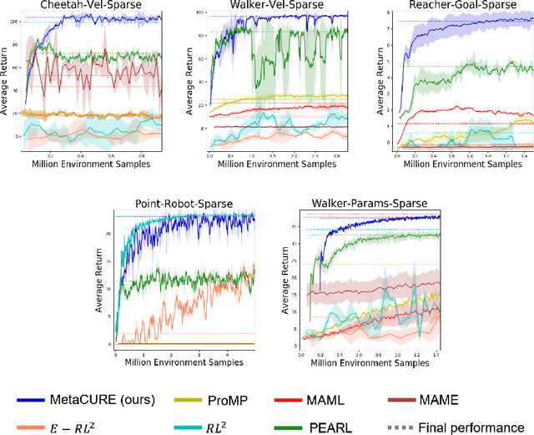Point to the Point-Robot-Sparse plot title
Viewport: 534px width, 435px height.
[184, 204]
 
